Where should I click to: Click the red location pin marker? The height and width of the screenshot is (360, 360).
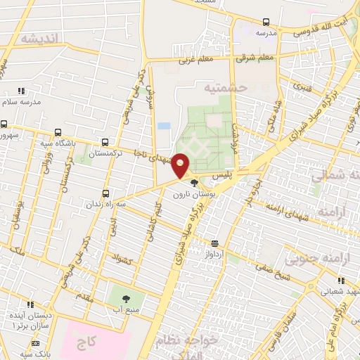click(x=181, y=165)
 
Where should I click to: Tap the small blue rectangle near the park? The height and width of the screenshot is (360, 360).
click(x=164, y=126)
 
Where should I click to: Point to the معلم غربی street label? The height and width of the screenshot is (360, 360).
click(x=196, y=60)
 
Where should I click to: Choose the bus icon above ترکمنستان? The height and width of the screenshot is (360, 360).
click(x=105, y=142)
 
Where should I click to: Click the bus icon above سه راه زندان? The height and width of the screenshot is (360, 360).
click(x=106, y=193)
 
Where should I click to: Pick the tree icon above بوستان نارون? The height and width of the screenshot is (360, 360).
click(x=193, y=183)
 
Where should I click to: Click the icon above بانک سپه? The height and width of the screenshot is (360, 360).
click(x=35, y=344)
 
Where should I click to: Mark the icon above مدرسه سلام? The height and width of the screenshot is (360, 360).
click(x=21, y=91)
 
